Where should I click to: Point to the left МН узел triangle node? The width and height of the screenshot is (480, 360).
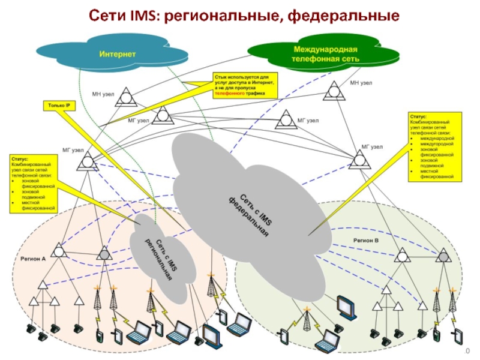[x=126, y=95]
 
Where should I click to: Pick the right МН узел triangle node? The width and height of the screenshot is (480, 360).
[x=333, y=92]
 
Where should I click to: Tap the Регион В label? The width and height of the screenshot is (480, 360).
[x=366, y=239]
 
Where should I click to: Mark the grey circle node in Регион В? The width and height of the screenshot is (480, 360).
[x=444, y=256]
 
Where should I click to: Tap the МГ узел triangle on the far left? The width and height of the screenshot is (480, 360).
[x=88, y=161]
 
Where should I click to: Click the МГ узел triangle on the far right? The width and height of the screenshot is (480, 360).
[x=359, y=159]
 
